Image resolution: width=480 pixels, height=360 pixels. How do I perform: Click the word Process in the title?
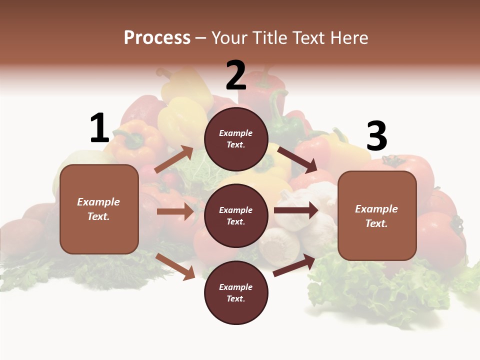(x=157, y=37)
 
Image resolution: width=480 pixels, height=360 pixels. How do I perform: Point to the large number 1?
(x=99, y=128)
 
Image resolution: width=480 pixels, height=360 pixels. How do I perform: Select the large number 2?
(x=236, y=75)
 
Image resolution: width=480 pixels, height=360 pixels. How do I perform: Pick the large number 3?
(x=376, y=136)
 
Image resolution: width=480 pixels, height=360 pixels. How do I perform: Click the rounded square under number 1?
(x=99, y=209)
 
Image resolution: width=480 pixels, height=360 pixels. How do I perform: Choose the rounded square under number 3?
(x=377, y=216)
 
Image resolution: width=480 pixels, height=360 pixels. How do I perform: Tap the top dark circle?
(x=236, y=139)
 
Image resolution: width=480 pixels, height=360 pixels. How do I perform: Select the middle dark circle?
(x=236, y=215)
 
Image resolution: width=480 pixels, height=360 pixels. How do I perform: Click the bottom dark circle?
(x=236, y=292)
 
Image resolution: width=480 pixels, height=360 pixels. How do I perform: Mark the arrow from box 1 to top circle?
(x=174, y=159)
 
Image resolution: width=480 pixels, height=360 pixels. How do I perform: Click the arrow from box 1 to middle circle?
(x=175, y=211)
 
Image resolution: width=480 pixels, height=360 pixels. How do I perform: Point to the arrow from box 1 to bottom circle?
(x=175, y=266)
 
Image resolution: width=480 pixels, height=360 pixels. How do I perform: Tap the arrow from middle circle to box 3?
(x=296, y=210)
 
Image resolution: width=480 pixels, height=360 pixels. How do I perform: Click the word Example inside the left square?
(x=98, y=202)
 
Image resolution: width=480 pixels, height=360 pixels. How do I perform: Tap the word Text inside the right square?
(x=376, y=223)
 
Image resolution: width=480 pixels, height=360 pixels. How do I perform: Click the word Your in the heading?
(x=230, y=37)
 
